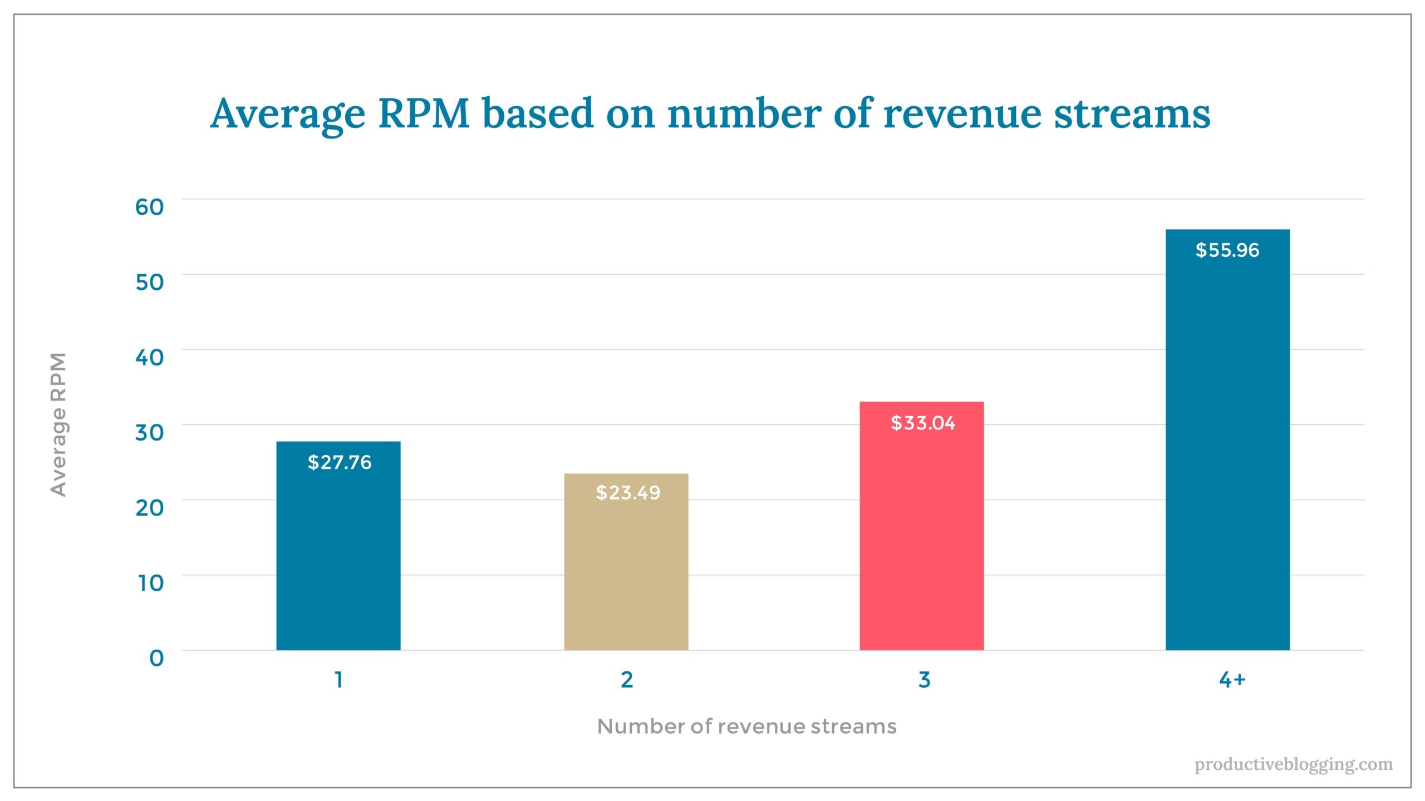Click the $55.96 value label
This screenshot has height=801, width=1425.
tap(1227, 250)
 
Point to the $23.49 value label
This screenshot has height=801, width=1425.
tap(628, 493)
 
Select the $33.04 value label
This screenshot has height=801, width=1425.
tap(922, 423)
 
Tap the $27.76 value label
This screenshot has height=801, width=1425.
tap(339, 462)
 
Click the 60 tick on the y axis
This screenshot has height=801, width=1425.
tap(149, 207)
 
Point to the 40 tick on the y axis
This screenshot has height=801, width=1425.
tap(149, 358)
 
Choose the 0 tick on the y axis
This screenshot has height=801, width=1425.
tap(156, 658)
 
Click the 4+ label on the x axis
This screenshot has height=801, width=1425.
tap(1231, 679)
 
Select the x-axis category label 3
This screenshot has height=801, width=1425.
tap(924, 679)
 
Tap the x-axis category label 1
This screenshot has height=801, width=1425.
tap(338, 679)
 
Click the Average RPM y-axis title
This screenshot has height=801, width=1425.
tap(58, 424)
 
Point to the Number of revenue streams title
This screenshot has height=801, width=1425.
tap(746, 726)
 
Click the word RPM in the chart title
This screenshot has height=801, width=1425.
tap(424, 114)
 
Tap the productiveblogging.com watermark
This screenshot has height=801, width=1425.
tap(1293, 765)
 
